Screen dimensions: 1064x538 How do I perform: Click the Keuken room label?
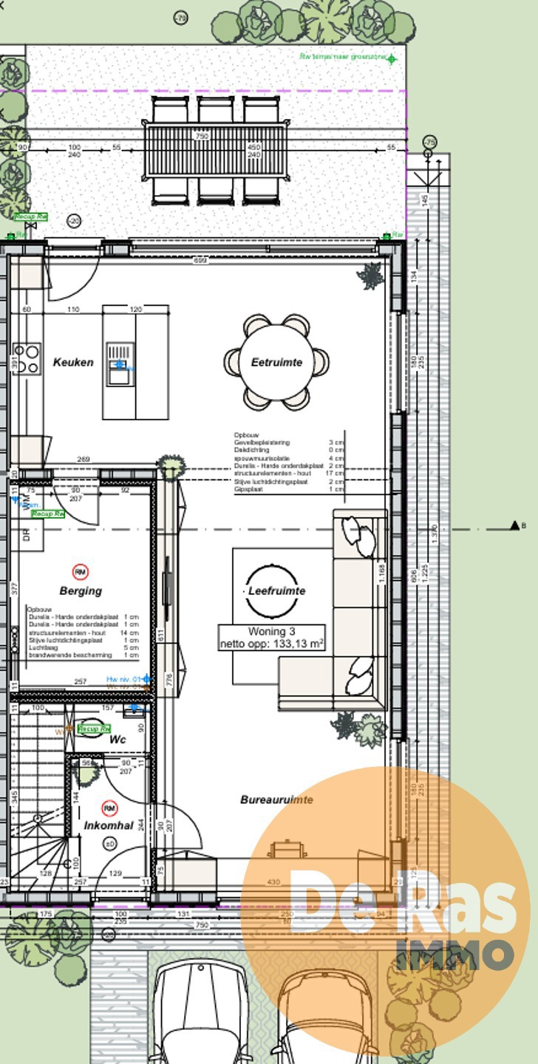point(73,363)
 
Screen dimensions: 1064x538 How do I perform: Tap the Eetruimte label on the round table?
point(276,363)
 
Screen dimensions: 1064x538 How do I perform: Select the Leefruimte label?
point(276,591)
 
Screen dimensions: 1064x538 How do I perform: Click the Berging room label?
point(81,591)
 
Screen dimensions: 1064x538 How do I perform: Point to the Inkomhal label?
point(108,825)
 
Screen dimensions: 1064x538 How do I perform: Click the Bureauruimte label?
point(276,799)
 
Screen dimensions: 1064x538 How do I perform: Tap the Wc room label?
point(118,740)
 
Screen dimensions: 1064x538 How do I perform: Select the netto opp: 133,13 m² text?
point(271,644)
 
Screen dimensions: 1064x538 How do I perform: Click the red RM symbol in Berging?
point(81,571)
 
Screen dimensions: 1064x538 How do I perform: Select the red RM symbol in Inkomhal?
point(109,808)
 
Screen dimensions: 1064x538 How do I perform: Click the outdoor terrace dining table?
point(215,151)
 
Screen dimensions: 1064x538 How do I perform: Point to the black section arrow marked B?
point(514,525)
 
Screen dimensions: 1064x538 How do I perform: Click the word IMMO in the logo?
point(454,955)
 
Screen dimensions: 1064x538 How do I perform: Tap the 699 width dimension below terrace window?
point(199,261)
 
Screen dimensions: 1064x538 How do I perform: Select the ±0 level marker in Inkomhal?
point(109,844)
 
